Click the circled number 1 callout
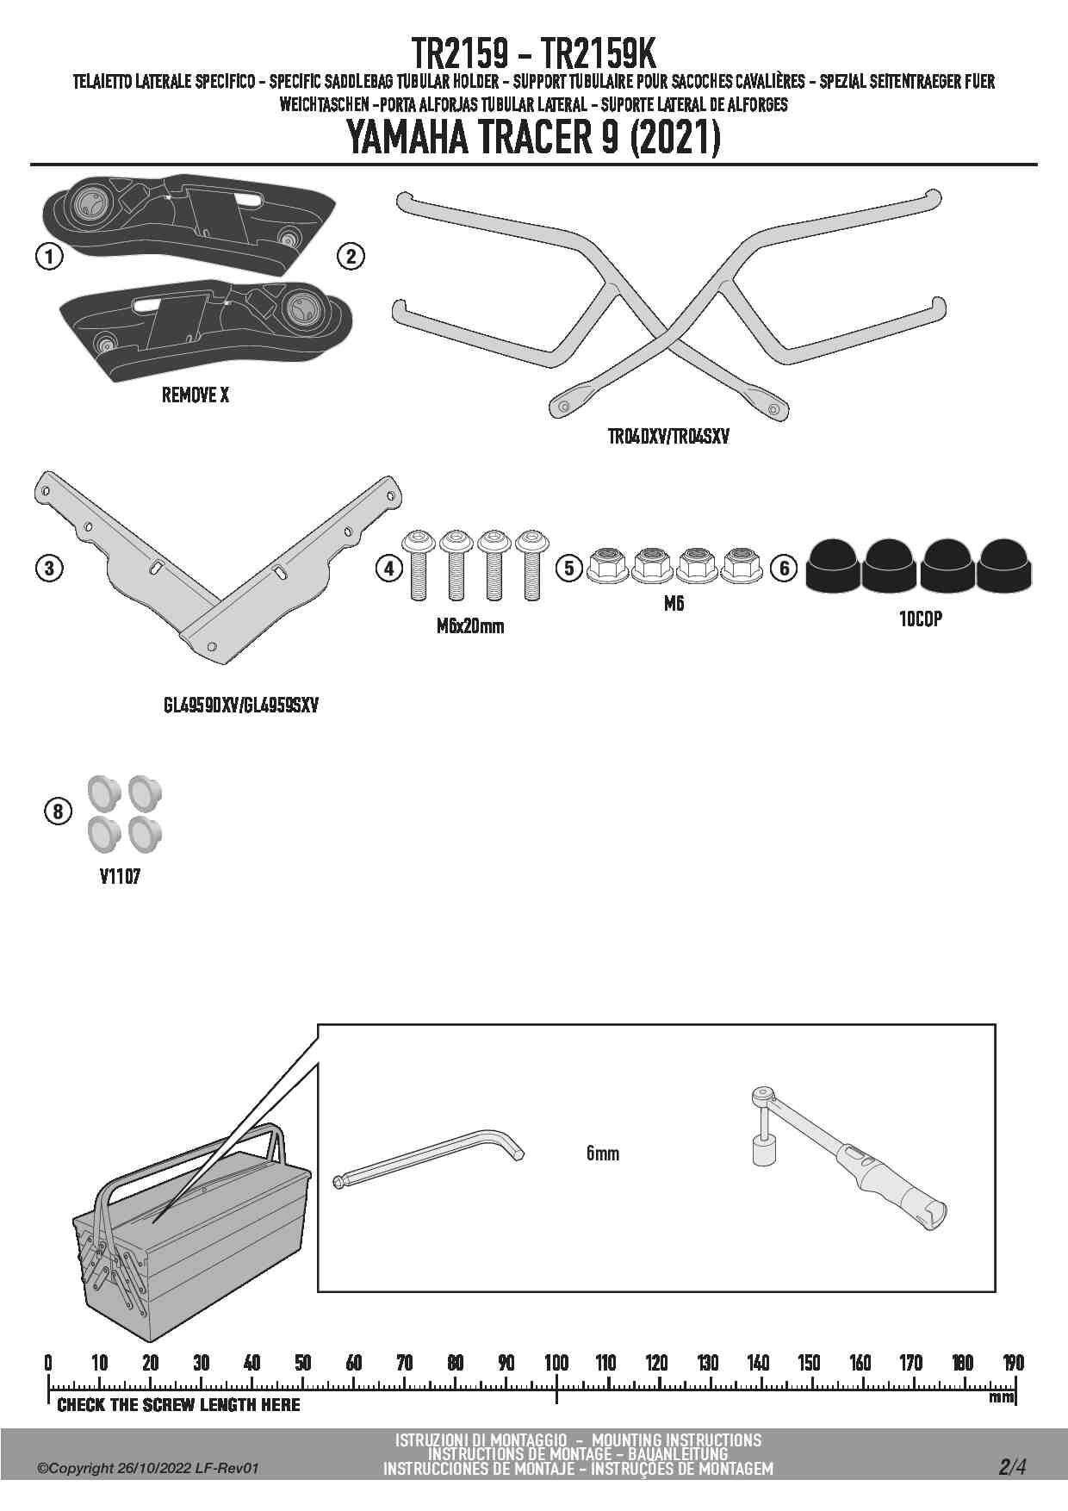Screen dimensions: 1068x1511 pyautogui.click(x=50, y=256)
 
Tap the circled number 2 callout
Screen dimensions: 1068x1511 pyautogui.click(x=351, y=256)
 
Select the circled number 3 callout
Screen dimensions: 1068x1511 pyautogui.click(x=49, y=568)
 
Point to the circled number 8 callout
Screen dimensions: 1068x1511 pyautogui.click(x=58, y=811)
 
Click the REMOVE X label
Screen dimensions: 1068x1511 pyautogui.click(x=196, y=395)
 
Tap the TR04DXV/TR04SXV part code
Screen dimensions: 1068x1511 pyautogui.click(x=668, y=437)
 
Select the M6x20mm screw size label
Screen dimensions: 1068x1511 pyautogui.click(x=470, y=626)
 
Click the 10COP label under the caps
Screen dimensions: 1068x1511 pyautogui.click(x=921, y=619)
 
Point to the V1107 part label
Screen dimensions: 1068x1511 pyautogui.click(x=120, y=877)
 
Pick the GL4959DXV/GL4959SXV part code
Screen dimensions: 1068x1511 pyautogui.click(x=241, y=705)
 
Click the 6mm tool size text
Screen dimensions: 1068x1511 pyautogui.click(x=603, y=1153)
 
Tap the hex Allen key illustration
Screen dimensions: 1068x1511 pyautogui.click(x=428, y=1160)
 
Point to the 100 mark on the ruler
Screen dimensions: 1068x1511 pyautogui.click(x=556, y=1362)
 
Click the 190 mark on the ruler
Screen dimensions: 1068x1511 pyautogui.click(x=1013, y=1362)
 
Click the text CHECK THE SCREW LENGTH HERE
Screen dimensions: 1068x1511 pyautogui.click(x=179, y=1405)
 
